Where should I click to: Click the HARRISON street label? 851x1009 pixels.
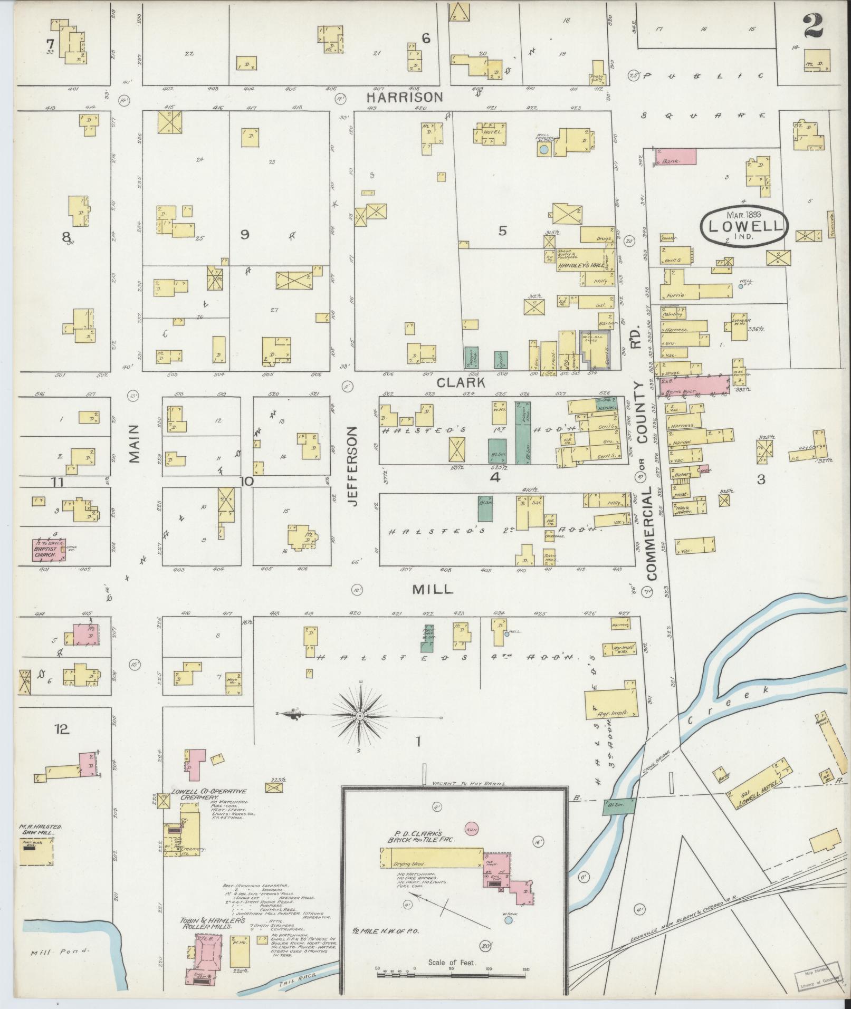point(405,97)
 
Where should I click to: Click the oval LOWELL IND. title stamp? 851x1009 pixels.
point(744,226)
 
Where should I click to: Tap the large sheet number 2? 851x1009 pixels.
point(815,26)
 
